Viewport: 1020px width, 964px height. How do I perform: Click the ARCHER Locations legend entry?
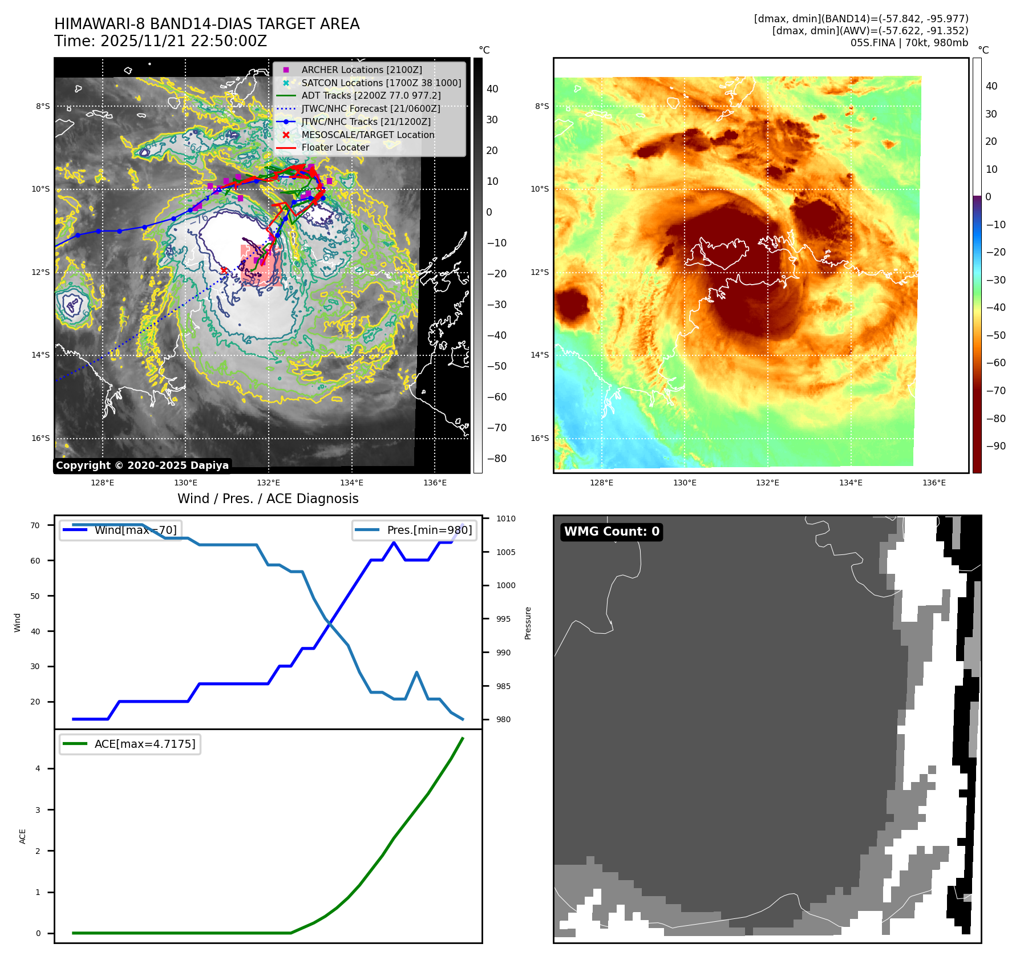point(362,70)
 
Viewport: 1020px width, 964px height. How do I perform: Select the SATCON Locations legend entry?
point(381,83)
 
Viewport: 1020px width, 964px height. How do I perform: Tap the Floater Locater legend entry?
point(335,147)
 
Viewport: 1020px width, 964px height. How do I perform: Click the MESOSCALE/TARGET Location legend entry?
point(367,135)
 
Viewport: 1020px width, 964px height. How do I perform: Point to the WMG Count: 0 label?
point(612,532)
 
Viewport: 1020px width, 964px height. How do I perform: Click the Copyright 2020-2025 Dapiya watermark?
point(142,465)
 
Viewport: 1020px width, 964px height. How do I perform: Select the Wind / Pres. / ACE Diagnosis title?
point(268,499)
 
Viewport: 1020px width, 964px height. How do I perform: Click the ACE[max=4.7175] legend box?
point(130,744)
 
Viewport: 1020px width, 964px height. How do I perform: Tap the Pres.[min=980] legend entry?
point(415,530)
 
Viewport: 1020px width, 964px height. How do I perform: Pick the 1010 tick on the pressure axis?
point(505,519)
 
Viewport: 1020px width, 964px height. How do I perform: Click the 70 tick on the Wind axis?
point(35,525)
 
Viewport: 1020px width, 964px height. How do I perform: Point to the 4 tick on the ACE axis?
point(38,768)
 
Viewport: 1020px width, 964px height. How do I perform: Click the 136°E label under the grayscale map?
point(435,483)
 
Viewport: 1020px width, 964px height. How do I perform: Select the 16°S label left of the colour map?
point(540,438)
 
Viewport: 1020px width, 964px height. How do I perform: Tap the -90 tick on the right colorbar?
point(995,446)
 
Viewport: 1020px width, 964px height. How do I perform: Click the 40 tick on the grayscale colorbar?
point(492,89)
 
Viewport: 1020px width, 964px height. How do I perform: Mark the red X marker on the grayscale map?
point(224,270)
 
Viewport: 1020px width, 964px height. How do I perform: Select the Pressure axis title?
point(528,623)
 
